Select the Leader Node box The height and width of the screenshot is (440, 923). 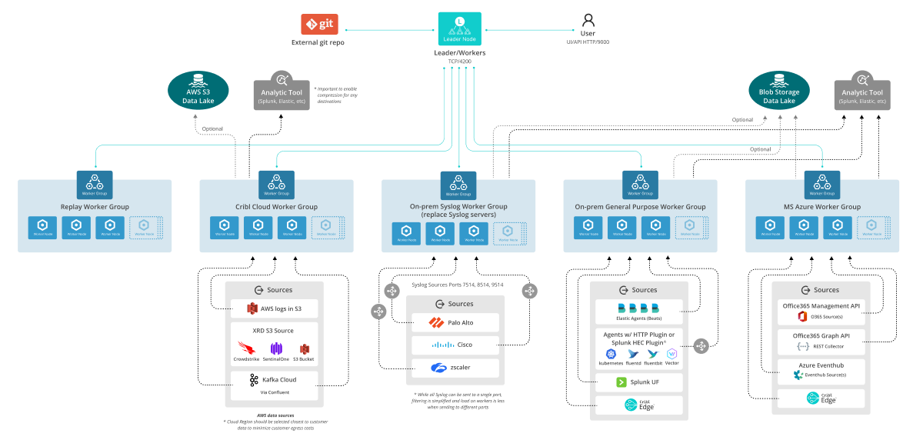point(459,28)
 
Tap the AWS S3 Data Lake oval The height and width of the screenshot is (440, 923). point(198,90)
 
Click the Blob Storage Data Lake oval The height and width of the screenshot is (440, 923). point(778,90)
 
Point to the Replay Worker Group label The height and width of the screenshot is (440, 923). point(95,207)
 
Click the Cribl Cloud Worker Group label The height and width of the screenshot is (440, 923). point(276,207)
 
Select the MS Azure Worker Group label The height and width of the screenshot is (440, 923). point(822,207)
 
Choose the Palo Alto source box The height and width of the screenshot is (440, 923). point(455,322)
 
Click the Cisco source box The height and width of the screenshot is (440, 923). point(455,345)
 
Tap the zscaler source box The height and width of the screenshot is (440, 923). point(455,368)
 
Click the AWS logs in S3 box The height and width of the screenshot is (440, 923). point(275,308)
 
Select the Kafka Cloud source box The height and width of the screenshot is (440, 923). point(275,385)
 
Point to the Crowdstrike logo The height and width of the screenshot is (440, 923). point(246,348)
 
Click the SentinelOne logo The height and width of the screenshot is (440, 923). point(276,348)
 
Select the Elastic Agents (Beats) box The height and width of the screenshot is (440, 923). point(639,312)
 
